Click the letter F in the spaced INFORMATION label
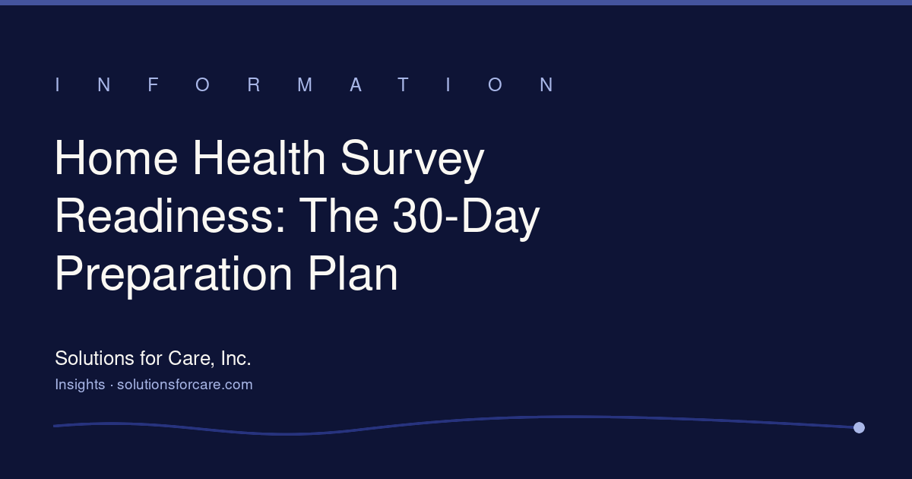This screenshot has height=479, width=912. coord(153,84)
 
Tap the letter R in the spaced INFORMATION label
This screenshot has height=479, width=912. coord(254,84)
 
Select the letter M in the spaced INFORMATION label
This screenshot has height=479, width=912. coord(305,84)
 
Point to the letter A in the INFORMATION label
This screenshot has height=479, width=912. coord(356,84)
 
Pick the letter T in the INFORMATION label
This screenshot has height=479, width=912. coord(403,84)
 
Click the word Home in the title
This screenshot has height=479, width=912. coord(116,157)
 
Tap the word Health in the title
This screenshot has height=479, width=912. coord(259,157)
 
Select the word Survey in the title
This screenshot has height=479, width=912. coord(413,160)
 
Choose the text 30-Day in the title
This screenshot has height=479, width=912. coord(466,217)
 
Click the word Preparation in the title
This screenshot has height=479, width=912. coord(173,275)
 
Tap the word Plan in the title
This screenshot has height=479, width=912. coord(353,273)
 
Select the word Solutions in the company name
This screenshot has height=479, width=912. coord(94,358)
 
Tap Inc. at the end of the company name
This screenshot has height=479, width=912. coord(236,358)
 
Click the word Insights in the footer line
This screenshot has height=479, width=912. coord(81,385)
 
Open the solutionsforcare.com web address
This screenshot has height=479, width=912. coord(185,385)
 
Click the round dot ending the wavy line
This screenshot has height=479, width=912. coord(859,427)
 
